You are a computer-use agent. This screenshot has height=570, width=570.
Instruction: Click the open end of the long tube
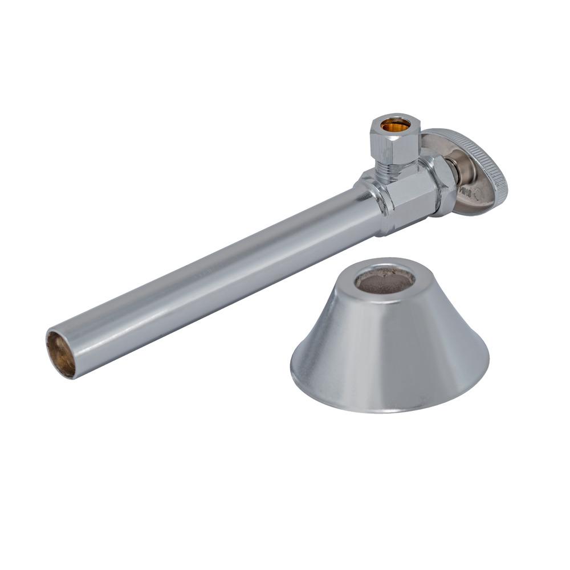[x=60, y=354]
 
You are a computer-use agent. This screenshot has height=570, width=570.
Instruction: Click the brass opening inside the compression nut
[x=395, y=124]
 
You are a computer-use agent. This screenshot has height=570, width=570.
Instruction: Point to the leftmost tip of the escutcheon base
[x=291, y=365]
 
